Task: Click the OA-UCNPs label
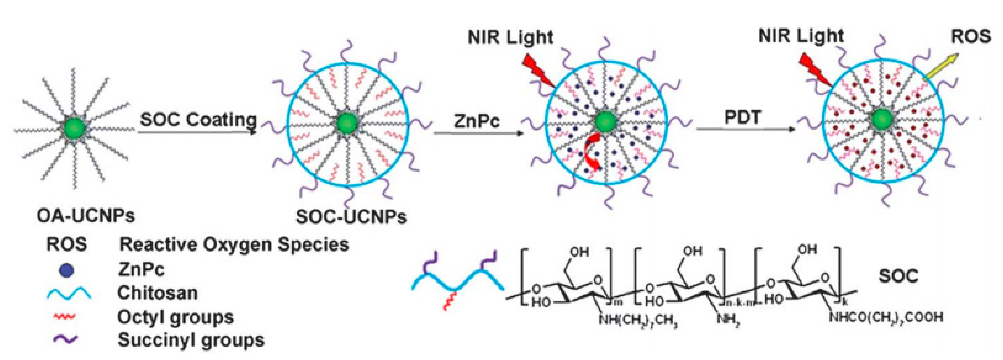[86, 215]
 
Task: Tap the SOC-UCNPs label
[351, 216]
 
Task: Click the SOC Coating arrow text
[198, 120]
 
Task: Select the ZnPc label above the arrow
[477, 121]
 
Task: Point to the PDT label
[742, 117]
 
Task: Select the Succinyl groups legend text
[191, 340]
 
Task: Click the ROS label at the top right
[971, 36]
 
